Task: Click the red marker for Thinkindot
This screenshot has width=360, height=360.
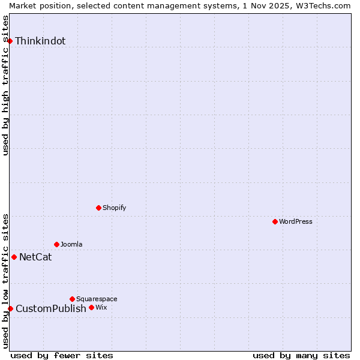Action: (x=10, y=41)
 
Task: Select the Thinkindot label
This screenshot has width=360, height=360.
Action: (x=40, y=41)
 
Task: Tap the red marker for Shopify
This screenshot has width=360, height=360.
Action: (x=98, y=208)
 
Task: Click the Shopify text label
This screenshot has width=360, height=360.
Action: (x=114, y=208)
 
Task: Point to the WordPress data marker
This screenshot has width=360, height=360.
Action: (x=275, y=221)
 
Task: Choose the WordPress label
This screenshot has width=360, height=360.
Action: (x=295, y=221)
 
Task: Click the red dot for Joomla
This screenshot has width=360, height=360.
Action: (x=56, y=244)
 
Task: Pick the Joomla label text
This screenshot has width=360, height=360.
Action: (x=71, y=244)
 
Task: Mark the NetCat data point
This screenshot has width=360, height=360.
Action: (x=14, y=257)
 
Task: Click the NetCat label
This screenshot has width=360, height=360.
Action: (x=35, y=257)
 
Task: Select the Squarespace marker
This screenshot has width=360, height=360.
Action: (x=72, y=299)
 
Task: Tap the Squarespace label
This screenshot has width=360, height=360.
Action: (x=97, y=299)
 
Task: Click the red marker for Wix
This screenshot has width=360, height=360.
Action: (x=91, y=307)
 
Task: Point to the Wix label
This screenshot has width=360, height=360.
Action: (x=101, y=307)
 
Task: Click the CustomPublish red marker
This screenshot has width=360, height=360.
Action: (x=10, y=308)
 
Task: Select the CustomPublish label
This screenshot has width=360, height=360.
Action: (x=51, y=309)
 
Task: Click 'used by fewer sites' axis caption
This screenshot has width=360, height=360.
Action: (x=62, y=355)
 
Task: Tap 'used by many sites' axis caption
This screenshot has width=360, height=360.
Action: (x=301, y=355)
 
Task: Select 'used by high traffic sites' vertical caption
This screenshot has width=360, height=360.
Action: (x=5, y=85)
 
